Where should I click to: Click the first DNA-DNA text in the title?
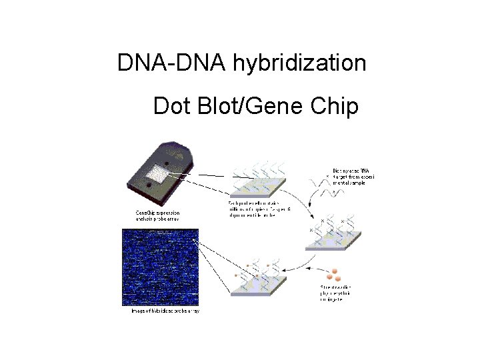173,63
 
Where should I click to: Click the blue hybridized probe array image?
160,267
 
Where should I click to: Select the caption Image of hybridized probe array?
164,311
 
